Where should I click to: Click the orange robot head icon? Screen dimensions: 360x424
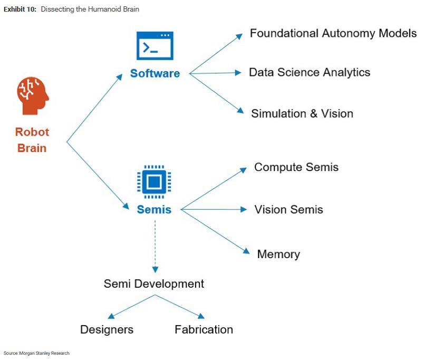(x=33, y=96)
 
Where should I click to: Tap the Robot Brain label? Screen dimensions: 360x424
(x=32, y=140)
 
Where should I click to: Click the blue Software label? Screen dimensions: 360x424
(x=155, y=73)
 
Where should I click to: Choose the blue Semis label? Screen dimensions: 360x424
(x=154, y=210)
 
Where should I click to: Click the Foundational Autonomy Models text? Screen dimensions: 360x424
(x=333, y=34)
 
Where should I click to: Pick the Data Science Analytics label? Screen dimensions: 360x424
(x=310, y=72)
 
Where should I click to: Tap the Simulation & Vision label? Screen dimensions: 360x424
(x=302, y=113)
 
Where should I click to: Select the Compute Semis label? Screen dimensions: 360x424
(x=296, y=167)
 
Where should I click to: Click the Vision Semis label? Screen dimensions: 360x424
(x=288, y=210)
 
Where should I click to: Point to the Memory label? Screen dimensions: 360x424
(x=278, y=254)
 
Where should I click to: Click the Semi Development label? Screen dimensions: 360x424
(x=153, y=284)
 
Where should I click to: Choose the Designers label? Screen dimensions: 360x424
(x=107, y=330)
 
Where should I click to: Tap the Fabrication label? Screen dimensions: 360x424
(x=204, y=330)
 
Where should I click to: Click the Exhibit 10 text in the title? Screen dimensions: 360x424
(x=20, y=10)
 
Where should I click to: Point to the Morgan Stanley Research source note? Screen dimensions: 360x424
(x=36, y=353)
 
